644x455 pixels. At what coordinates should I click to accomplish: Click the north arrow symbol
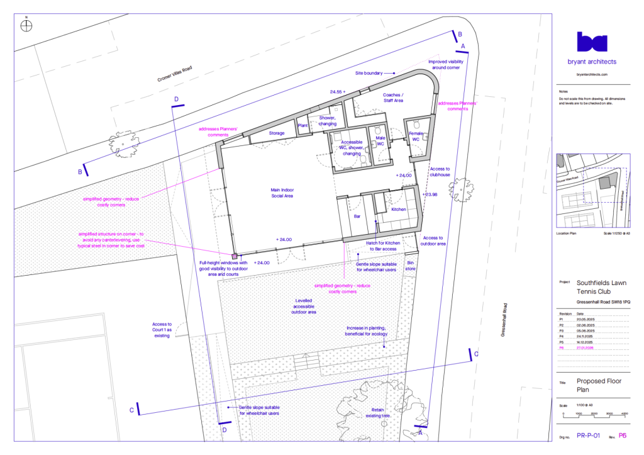click(26, 26)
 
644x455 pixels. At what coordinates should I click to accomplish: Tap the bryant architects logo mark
click(592, 42)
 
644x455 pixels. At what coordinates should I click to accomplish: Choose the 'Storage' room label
click(277, 133)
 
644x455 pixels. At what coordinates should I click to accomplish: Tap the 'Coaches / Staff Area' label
click(392, 98)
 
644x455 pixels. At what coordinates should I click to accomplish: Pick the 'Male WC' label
click(380, 140)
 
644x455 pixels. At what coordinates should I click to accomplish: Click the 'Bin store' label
click(411, 266)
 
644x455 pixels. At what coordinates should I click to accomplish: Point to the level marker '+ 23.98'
click(430, 194)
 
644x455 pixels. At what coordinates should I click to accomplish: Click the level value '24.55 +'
click(338, 92)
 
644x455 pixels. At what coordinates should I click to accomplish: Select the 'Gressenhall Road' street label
click(504, 321)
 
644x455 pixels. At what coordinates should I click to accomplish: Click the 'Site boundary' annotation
click(369, 74)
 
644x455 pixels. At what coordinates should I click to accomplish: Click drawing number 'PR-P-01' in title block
click(589, 435)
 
